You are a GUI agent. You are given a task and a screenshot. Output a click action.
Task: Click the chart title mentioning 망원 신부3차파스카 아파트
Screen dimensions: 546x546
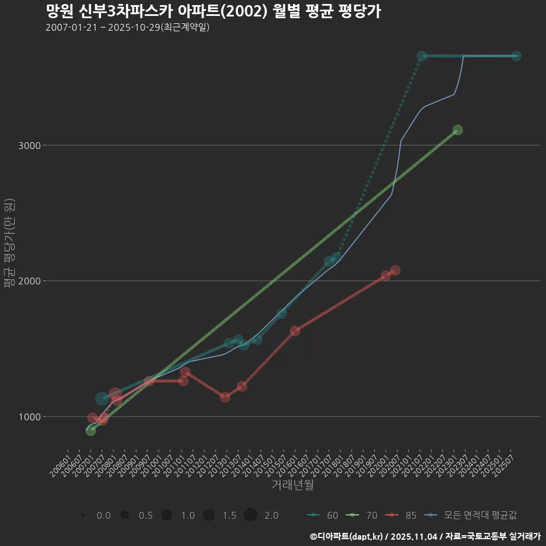click(213, 11)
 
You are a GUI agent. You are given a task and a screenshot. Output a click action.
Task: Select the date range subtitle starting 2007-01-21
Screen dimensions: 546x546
click(127, 27)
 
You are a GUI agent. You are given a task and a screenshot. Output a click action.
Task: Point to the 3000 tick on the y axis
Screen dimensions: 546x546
click(30, 146)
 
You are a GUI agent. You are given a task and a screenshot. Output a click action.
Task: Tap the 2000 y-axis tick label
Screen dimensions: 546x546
click(30, 281)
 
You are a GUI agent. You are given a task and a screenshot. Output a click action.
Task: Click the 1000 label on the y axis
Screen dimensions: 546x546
click(30, 417)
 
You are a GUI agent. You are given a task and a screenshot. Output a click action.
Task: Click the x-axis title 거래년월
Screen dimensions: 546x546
click(292, 485)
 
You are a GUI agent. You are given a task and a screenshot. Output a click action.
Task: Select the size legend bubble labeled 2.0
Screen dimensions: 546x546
click(251, 515)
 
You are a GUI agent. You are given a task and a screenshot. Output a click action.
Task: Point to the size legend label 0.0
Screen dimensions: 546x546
click(104, 515)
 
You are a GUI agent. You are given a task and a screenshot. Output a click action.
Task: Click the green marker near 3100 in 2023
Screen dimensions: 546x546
click(457, 130)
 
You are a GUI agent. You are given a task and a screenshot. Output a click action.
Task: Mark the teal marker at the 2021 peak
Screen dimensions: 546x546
click(421, 56)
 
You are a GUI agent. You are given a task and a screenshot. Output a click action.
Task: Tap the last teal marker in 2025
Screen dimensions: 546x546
click(516, 56)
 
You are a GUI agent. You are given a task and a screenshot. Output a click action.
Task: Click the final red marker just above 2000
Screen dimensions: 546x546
click(395, 270)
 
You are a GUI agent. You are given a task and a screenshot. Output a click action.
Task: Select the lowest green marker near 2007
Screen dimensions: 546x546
click(90, 431)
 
